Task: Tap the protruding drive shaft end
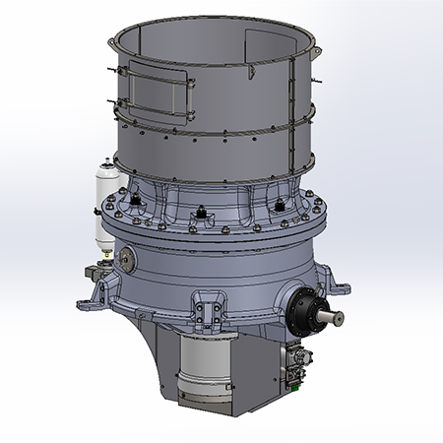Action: [335, 317]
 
